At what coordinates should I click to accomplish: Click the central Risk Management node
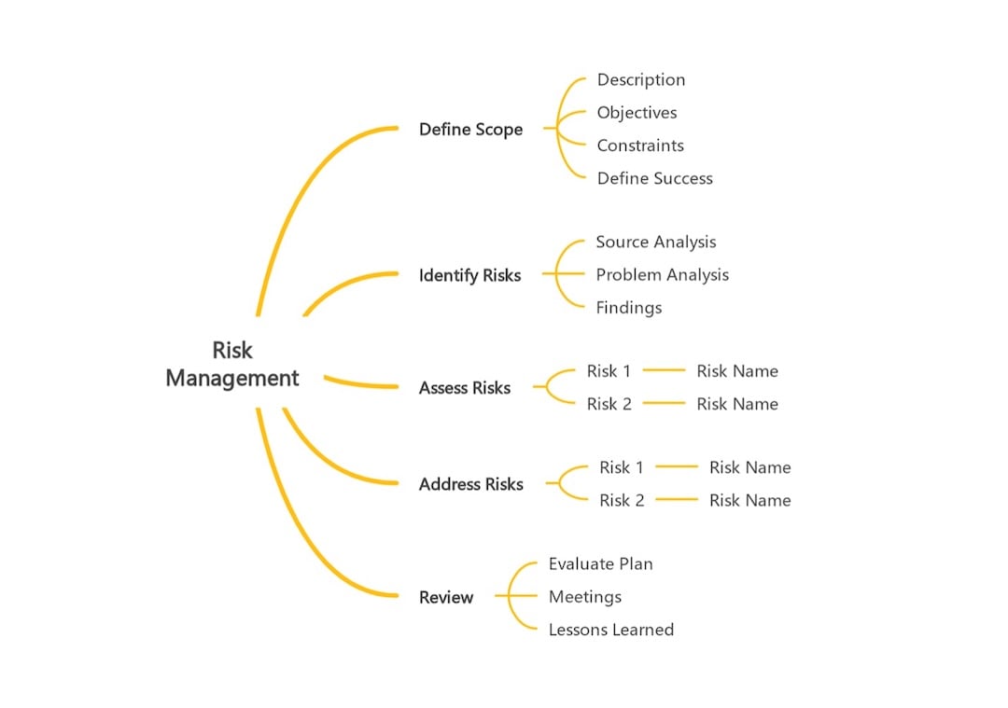pyautogui.click(x=232, y=364)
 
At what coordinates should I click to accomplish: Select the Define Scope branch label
pyautogui.click(x=470, y=130)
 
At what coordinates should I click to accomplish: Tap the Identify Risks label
pyautogui.click(x=469, y=275)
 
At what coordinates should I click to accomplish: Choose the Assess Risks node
pyautogui.click(x=465, y=388)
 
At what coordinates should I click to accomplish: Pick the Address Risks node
pyautogui.click(x=470, y=484)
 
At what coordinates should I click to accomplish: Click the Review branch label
pyautogui.click(x=446, y=597)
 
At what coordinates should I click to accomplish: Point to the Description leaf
pyautogui.click(x=641, y=80)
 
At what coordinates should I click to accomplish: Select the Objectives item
pyautogui.click(x=637, y=113)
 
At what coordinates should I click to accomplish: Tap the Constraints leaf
pyautogui.click(x=640, y=146)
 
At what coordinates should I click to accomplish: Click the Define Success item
pyautogui.click(x=655, y=178)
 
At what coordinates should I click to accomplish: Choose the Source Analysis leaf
pyautogui.click(x=656, y=243)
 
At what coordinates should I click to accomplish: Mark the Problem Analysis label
pyautogui.click(x=663, y=275)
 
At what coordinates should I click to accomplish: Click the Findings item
pyautogui.click(x=629, y=308)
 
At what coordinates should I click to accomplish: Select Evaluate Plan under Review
pyautogui.click(x=601, y=564)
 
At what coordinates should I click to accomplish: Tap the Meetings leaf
pyautogui.click(x=585, y=597)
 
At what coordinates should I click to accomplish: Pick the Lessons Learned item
pyautogui.click(x=611, y=630)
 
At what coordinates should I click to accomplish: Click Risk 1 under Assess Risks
pyautogui.click(x=609, y=371)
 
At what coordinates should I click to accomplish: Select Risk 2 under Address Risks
pyautogui.click(x=622, y=501)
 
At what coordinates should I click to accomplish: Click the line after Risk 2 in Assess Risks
pyautogui.click(x=664, y=404)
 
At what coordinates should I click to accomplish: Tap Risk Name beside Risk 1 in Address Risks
pyautogui.click(x=749, y=467)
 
